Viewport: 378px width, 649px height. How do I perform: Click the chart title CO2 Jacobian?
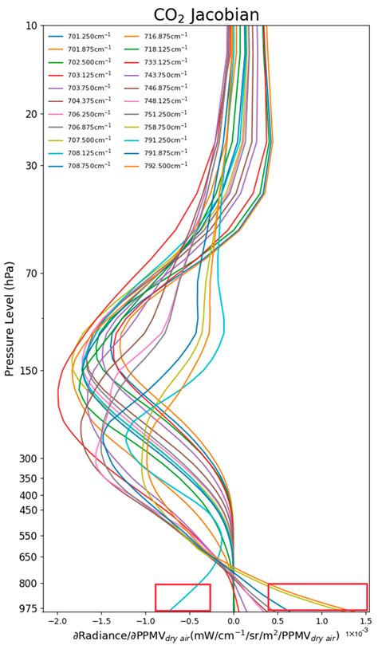[207, 14]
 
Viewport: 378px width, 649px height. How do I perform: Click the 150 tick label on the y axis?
[28, 371]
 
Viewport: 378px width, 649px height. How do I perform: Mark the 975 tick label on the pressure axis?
[28, 608]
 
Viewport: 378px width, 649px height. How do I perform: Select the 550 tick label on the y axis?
[28, 536]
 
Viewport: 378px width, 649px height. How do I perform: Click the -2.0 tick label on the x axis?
[57, 620]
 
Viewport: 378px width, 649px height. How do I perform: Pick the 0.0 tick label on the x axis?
[234, 620]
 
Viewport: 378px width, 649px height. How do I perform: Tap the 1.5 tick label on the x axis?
[365, 620]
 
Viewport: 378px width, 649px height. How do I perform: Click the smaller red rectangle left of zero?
[183, 597]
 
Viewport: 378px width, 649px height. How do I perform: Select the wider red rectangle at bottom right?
[317, 597]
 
